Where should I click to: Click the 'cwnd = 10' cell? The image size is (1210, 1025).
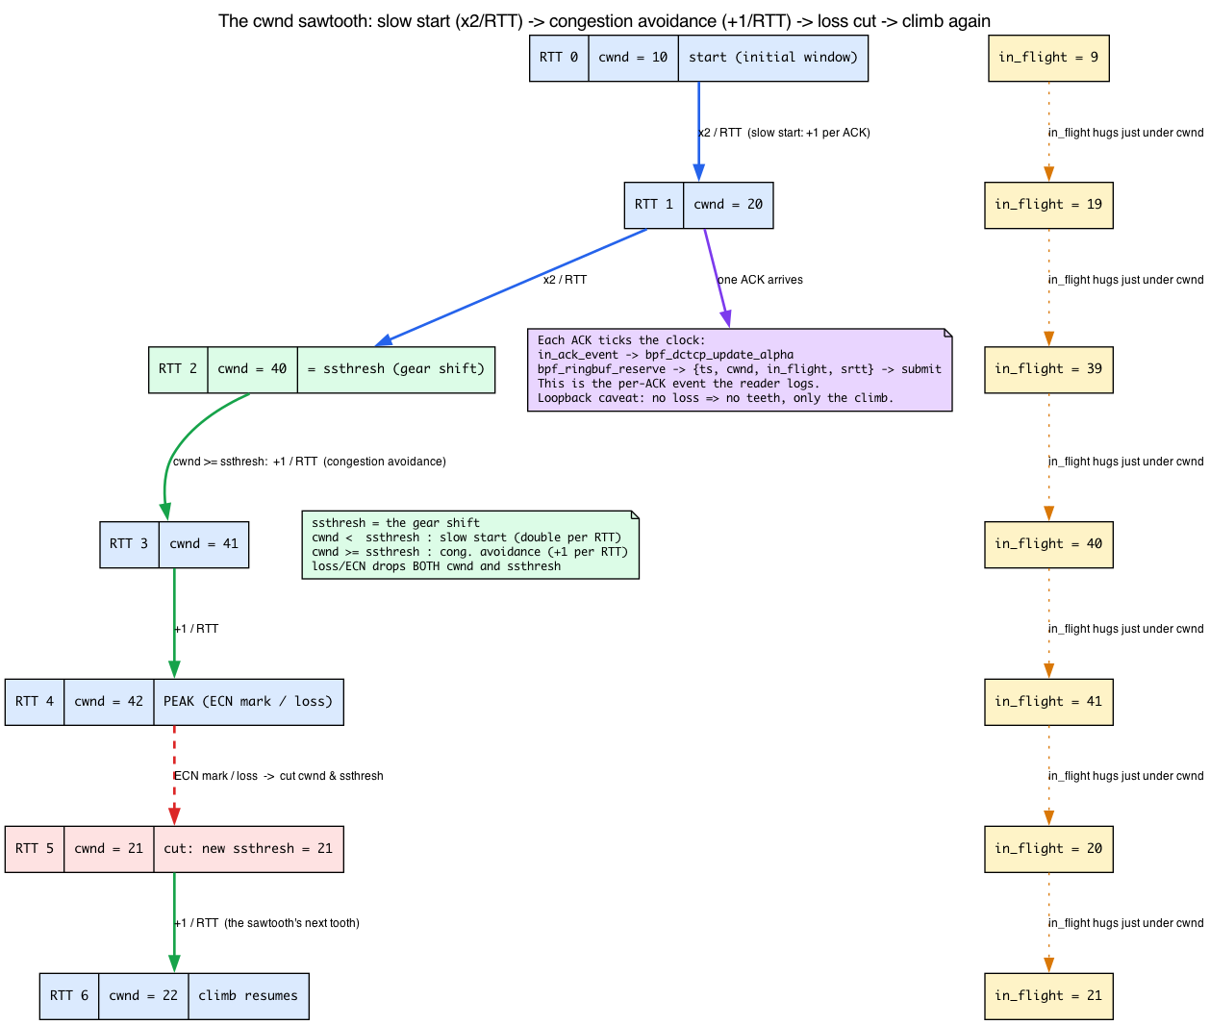click(632, 58)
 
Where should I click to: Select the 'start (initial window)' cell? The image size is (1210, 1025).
click(772, 58)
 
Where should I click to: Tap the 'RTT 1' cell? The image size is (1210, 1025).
click(653, 205)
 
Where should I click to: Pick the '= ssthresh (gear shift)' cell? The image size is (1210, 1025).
click(395, 369)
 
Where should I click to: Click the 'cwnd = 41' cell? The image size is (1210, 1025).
click(203, 544)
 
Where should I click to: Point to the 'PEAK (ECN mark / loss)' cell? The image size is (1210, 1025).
click(248, 702)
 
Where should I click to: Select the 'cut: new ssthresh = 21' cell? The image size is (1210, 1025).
click(248, 849)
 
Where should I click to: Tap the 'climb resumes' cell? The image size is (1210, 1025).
click(248, 996)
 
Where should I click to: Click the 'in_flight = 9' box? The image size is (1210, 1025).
click(1048, 58)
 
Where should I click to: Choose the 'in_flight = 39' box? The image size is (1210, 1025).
click(1048, 369)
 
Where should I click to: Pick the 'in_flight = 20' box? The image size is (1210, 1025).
click(1048, 849)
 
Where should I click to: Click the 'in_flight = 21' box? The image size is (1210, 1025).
click(1048, 996)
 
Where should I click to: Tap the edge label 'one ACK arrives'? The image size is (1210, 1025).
click(760, 280)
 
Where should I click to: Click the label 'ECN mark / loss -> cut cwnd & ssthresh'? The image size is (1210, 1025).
click(279, 776)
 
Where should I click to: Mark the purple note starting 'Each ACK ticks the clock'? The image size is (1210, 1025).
click(740, 369)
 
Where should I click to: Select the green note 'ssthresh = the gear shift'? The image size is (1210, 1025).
click(470, 544)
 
